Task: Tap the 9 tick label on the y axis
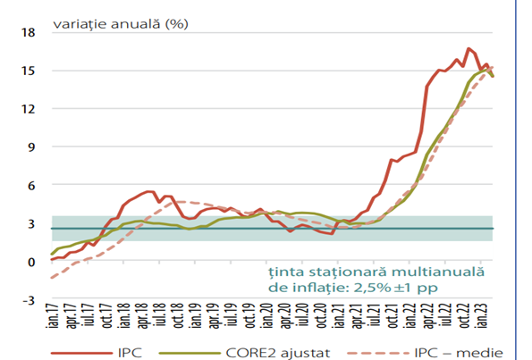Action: (31, 147)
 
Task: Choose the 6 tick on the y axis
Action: (31, 186)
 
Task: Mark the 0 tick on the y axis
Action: (31, 262)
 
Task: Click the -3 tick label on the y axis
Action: (29, 300)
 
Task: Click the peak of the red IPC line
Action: (468, 48)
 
